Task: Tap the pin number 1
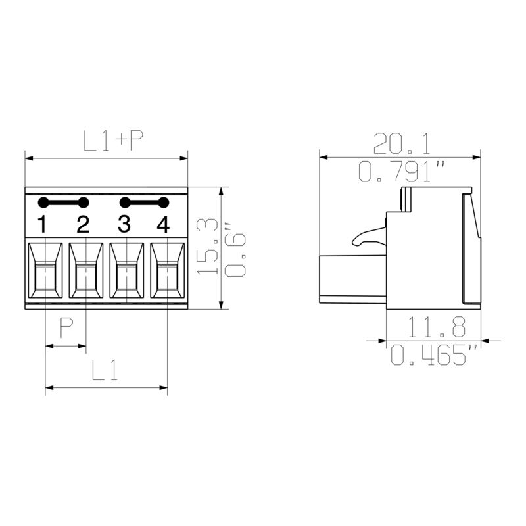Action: tap(42, 225)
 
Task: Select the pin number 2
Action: tap(83, 225)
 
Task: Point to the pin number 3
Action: tap(124, 225)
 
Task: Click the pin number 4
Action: tap(164, 225)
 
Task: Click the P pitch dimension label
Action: tap(66, 327)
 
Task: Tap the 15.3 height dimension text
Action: tap(208, 247)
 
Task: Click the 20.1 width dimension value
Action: tap(401, 141)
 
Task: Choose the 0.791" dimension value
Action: tap(401, 172)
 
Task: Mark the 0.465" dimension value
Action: tap(434, 356)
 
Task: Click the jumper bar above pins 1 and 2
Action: tap(63, 203)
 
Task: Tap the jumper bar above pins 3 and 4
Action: tap(144, 203)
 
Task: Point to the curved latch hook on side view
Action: tap(368, 235)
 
